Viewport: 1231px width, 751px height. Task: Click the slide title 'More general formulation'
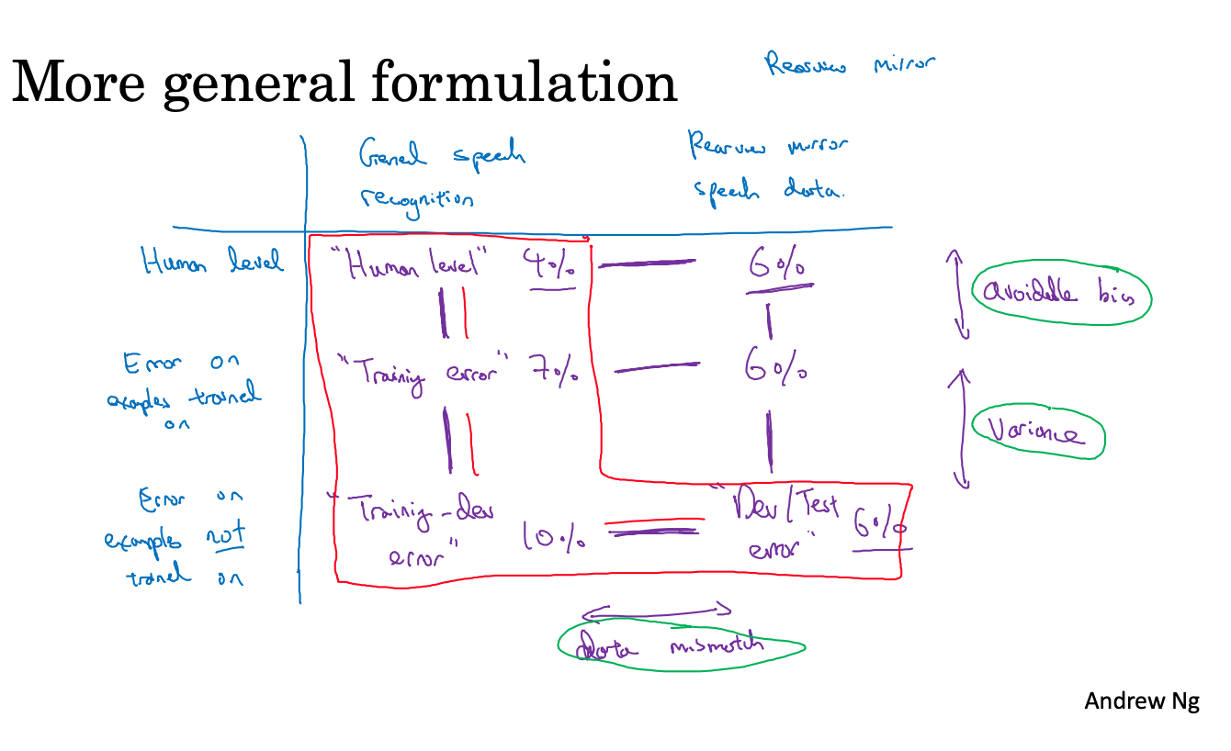[344, 83]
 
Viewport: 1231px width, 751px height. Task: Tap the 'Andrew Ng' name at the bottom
[1141, 702]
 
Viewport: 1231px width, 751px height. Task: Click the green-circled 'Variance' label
[1039, 432]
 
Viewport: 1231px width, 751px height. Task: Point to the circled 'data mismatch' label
[681, 646]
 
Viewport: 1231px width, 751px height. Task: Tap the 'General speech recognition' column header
[441, 174]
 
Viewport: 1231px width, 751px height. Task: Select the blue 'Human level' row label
[212, 263]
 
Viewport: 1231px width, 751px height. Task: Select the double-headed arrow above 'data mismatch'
[656, 611]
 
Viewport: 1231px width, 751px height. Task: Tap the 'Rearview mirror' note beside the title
[851, 65]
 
